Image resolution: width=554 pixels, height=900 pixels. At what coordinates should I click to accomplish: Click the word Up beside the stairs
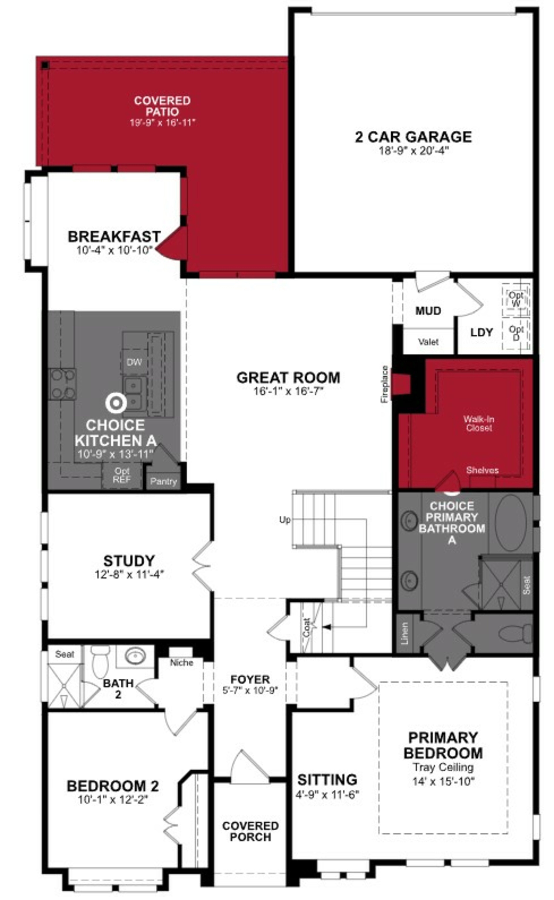click(285, 520)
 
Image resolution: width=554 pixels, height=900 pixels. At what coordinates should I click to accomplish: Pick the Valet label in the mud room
click(428, 342)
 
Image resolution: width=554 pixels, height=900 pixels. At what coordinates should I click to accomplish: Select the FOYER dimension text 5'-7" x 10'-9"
click(250, 690)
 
